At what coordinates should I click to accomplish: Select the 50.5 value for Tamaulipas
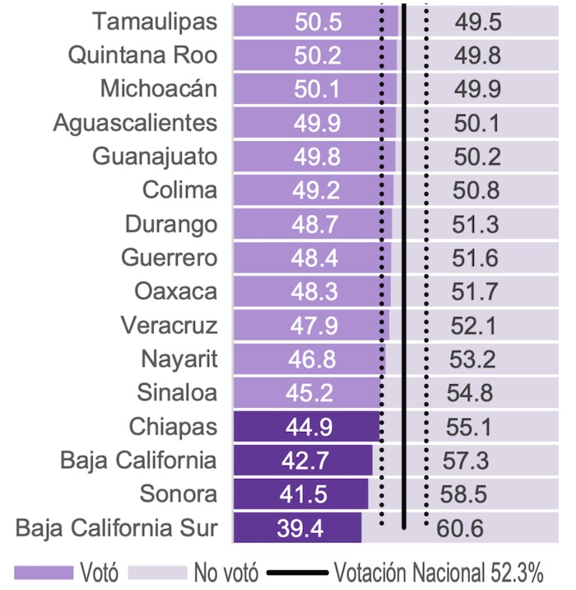[x=318, y=22]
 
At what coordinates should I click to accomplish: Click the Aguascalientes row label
[x=135, y=123]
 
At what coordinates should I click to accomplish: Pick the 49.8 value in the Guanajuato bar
[x=315, y=157]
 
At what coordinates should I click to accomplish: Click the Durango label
[x=171, y=224]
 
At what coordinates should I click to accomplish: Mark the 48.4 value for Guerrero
[x=314, y=258]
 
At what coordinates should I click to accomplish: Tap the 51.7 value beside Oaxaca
[x=474, y=292]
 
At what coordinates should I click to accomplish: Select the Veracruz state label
[x=169, y=325]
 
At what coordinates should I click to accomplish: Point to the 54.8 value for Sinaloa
[x=471, y=393]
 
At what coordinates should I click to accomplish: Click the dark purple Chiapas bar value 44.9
[x=305, y=427]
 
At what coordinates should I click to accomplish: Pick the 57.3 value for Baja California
[x=468, y=461]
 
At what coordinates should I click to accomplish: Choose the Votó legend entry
[x=99, y=571]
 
